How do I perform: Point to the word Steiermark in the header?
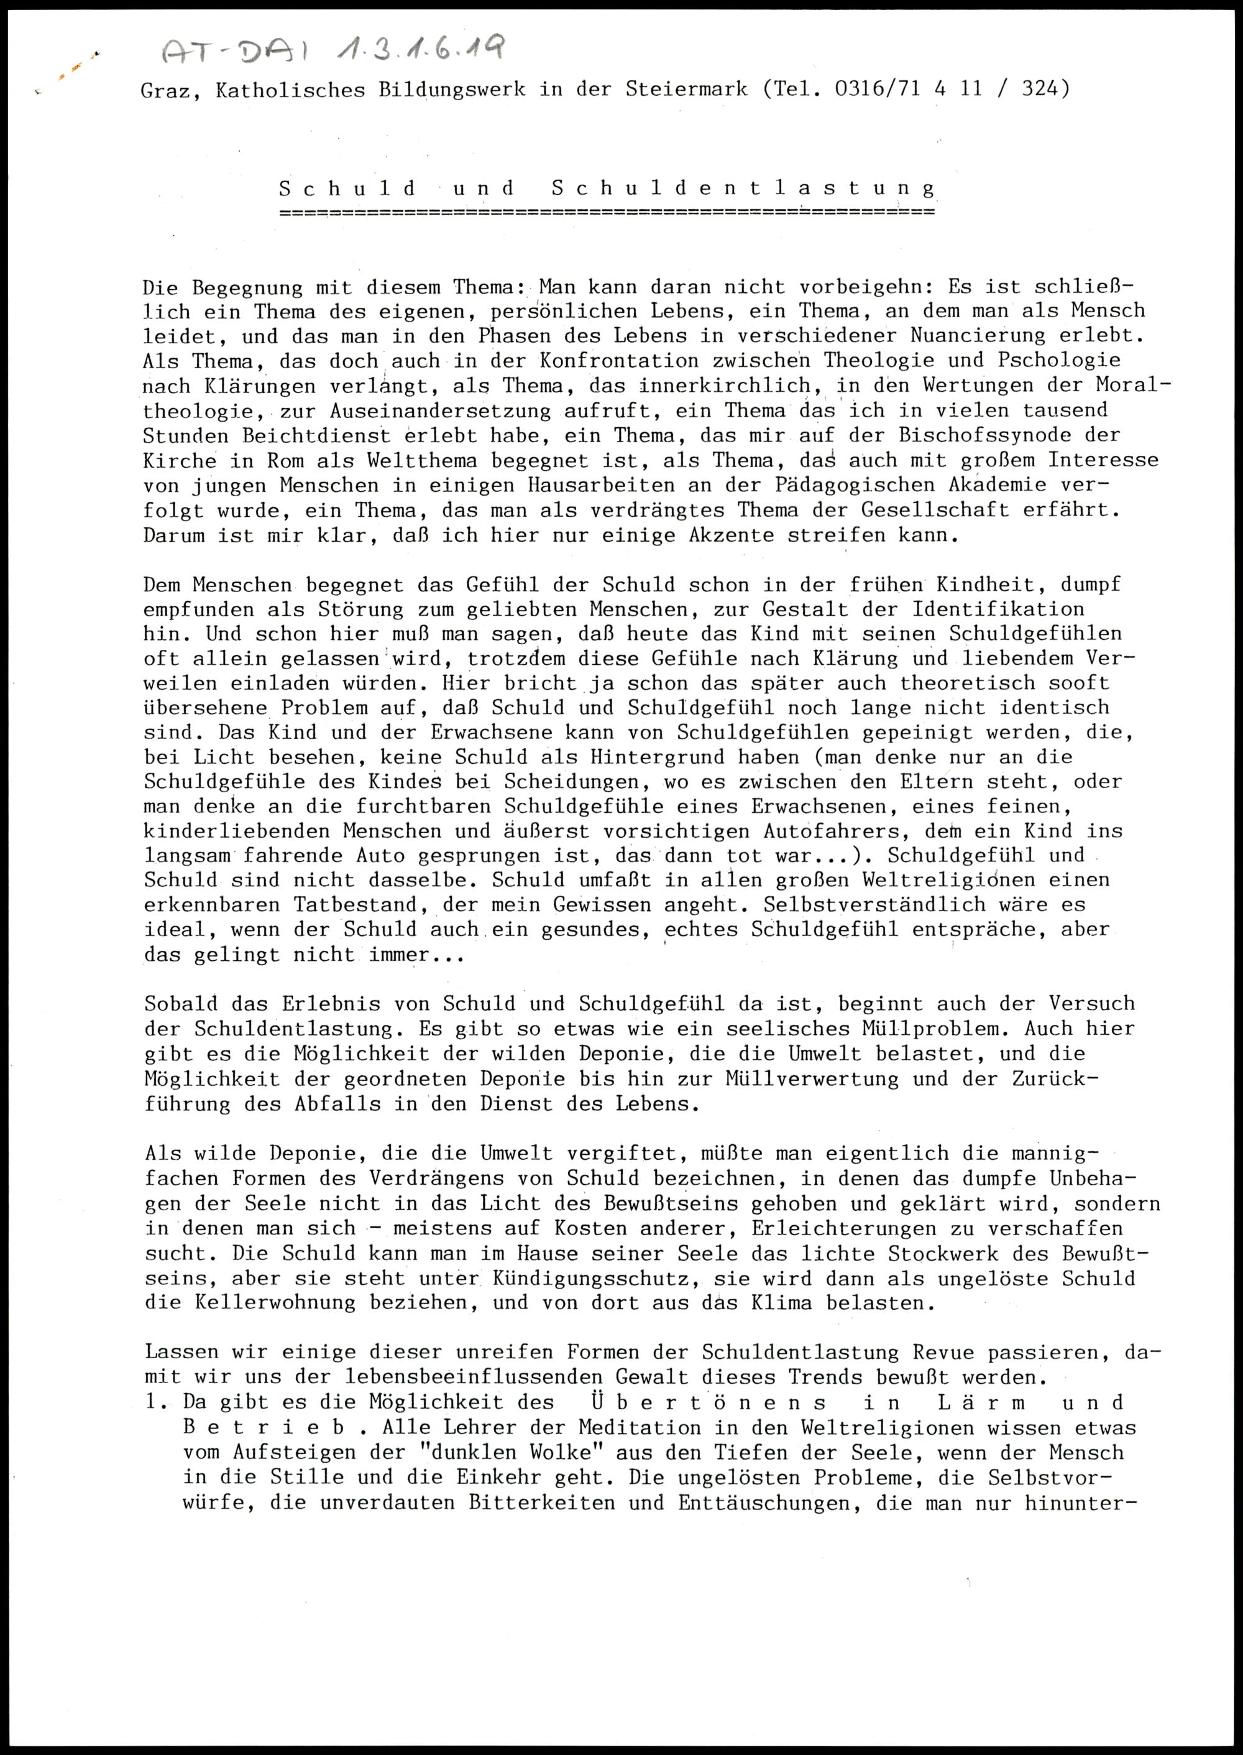coord(687,89)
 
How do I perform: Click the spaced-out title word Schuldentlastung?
coord(743,188)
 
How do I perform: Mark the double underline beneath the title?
coord(607,212)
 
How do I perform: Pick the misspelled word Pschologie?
coord(1059,360)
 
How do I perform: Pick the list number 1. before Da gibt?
coord(156,1403)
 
